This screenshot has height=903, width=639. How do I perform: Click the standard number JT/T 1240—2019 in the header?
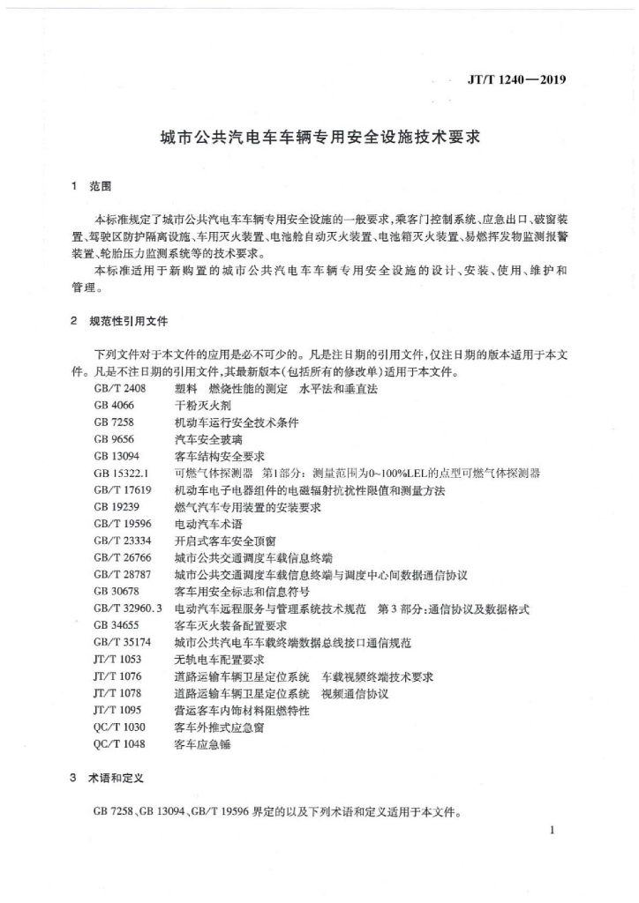[515, 80]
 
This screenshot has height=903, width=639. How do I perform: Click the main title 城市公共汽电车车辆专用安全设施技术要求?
[319, 138]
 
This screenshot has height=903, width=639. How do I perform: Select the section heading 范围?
[101, 187]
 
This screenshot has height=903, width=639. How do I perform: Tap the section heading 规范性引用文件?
[129, 321]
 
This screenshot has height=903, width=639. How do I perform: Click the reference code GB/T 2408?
[119, 389]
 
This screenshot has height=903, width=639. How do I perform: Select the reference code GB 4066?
[113, 406]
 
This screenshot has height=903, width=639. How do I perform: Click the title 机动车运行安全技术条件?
[237, 422]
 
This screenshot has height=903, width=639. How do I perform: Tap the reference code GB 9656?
[113, 439]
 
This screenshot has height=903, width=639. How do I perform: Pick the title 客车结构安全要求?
[220, 456]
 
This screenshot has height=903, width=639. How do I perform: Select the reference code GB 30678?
[116, 592]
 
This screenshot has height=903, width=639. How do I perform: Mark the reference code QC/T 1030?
[118, 728]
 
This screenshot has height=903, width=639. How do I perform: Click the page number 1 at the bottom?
[552, 831]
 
